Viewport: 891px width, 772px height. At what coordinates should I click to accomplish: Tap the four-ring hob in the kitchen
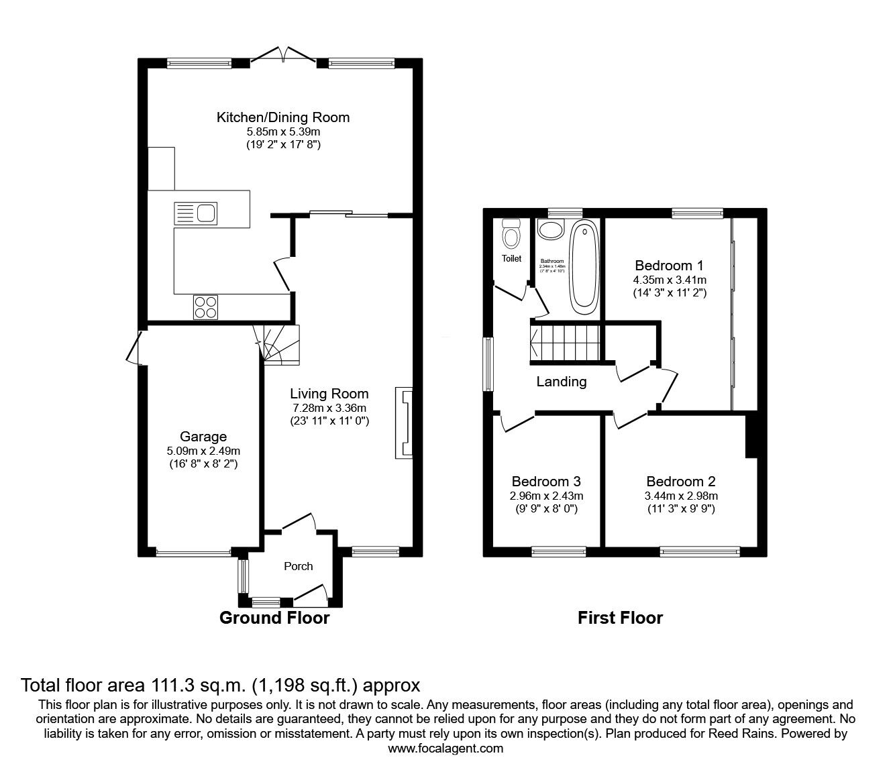[x=206, y=307]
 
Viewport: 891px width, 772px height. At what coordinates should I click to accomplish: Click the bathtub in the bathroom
[x=584, y=266]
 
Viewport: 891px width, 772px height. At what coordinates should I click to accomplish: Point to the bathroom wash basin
[x=552, y=231]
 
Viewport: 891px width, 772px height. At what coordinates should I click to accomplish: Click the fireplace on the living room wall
[x=405, y=423]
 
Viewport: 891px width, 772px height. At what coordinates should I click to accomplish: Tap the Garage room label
[x=203, y=437]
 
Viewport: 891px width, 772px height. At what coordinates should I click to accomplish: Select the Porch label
[x=298, y=566]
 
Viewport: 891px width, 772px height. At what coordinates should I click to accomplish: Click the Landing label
[x=561, y=382]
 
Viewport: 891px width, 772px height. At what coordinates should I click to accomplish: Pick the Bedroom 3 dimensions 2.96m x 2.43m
[x=546, y=496]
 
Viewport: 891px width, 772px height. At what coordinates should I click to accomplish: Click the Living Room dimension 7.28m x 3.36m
[x=329, y=408]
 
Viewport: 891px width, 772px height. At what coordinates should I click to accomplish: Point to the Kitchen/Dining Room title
[x=282, y=117]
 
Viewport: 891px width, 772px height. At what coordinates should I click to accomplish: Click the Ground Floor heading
[x=274, y=618]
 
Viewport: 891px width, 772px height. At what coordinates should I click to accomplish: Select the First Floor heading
[x=620, y=618]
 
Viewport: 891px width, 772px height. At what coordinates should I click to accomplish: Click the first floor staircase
[x=564, y=342]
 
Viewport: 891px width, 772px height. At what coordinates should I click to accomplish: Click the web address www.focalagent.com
[x=445, y=749]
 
